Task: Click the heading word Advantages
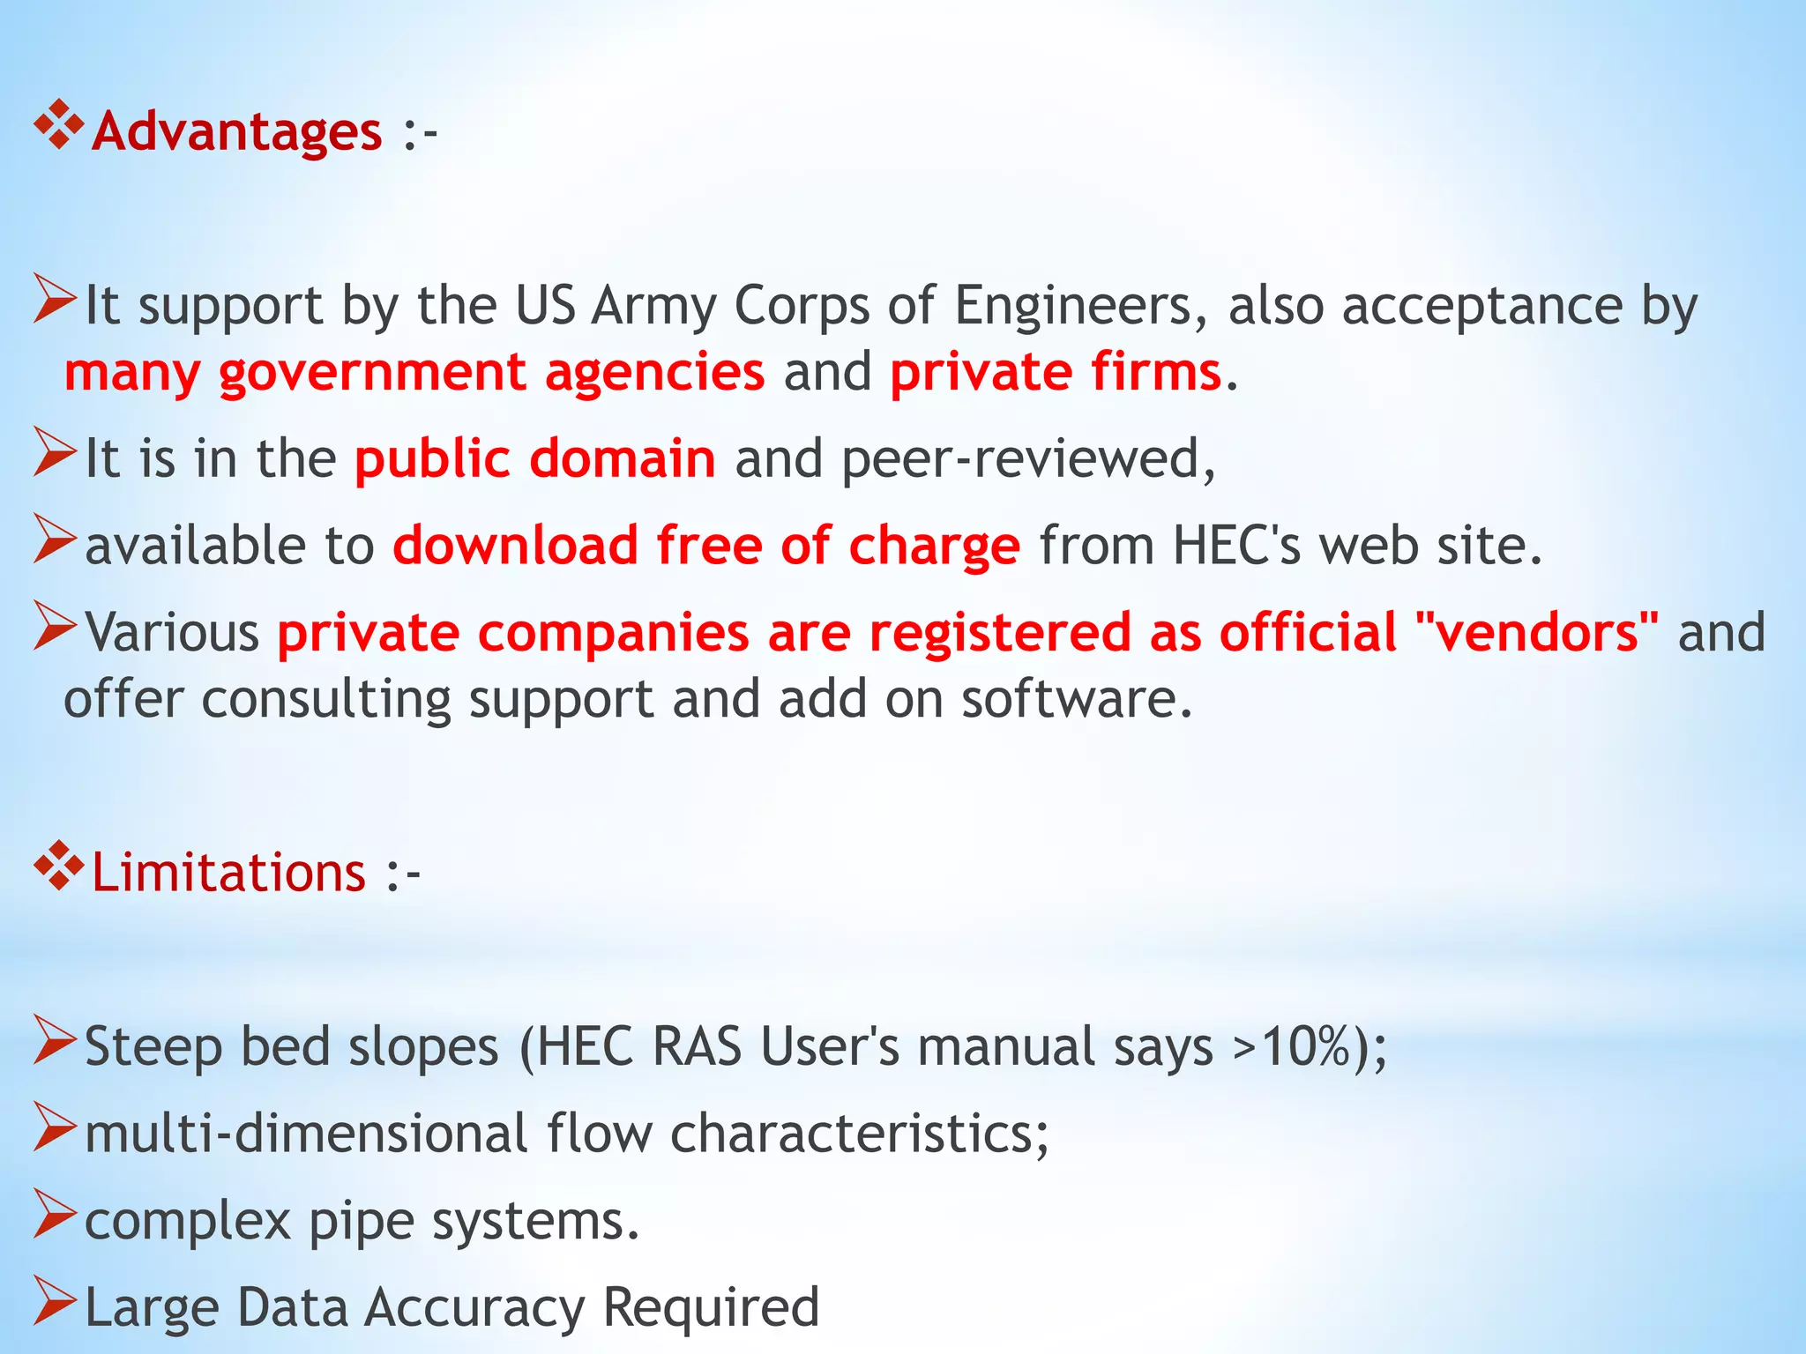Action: pyautogui.click(x=236, y=131)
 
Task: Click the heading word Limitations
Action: pyautogui.click(x=228, y=873)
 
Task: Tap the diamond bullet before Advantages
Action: pyautogui.click(x=58, y=124)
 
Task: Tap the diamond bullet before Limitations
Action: pyautogui.click(x=58, y=866)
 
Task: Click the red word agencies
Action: pyautogui.click(x=654, y=371)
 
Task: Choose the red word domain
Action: pyautogui.click(x=623, y=458)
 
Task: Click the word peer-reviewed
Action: pyautogui.click(x=1028, y=458)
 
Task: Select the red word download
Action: pyautogui.click(x=515, y=545)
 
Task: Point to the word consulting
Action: pyautogui.click(x=325, y=699)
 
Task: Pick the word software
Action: pyautogui.click(x=1077, y=699)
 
